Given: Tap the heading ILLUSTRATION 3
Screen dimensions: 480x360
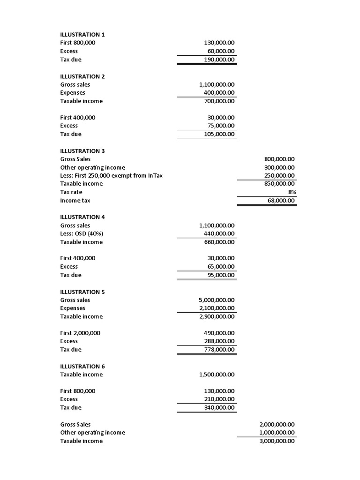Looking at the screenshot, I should [82, 151].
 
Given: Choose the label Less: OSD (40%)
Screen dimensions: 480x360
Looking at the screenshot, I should [82, 234].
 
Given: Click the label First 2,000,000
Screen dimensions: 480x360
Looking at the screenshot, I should [80, 333].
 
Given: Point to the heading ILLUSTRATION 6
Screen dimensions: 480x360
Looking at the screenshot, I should [82, 367].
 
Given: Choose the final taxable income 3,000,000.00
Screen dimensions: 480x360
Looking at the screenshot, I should [277, 441].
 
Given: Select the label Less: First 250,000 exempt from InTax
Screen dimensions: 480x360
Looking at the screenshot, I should [112, 176].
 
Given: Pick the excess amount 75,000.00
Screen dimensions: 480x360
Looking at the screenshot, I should [221, 126].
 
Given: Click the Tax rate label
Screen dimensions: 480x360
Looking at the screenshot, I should [71, 192].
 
